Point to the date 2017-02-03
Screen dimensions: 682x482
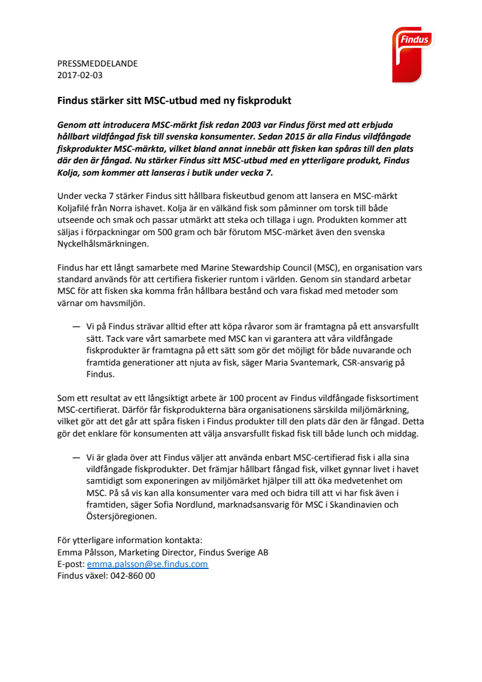[x=80, y=75]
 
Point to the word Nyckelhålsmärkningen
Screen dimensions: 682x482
[x=102, y=243]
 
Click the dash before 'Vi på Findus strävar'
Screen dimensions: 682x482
[x=76, y=327]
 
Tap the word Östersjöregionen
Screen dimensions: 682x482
[x=125, y=517]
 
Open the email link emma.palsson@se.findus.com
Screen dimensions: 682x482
[x=147, y=564]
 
